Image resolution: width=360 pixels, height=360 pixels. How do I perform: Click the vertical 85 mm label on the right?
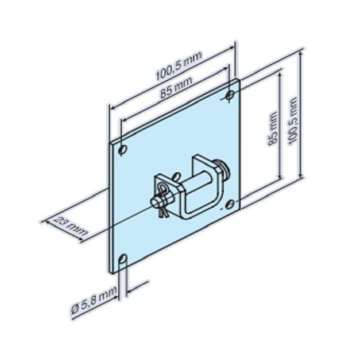tap(273, 129)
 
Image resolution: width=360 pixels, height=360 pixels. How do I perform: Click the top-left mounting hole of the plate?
tap(122, 150)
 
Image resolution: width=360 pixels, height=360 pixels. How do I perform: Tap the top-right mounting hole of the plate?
tap(230, 95)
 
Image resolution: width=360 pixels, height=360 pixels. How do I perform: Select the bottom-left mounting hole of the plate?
tap(123, 259)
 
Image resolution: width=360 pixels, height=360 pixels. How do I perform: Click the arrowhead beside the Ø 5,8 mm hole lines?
tap(129, 291)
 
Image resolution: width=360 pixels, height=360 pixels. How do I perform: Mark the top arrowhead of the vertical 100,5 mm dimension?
tap(301, 53)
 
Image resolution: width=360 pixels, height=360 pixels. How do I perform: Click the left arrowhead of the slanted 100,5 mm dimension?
tap(112, 107)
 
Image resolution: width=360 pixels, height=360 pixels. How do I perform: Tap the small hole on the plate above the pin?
tap(176, 176)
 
